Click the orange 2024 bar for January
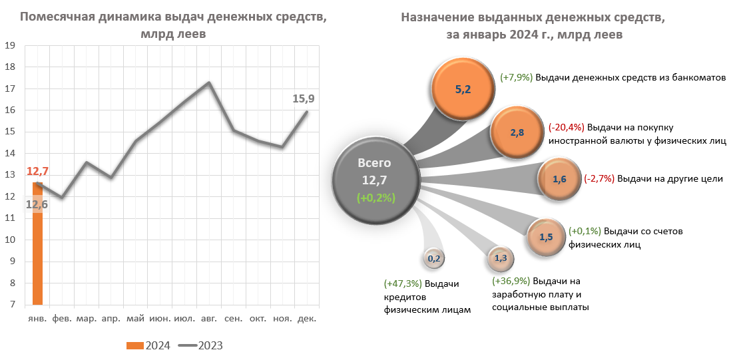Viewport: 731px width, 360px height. pyautogui.click(x=38, y=246)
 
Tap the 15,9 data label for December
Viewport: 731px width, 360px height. pyautogui.click(x=304, y=99)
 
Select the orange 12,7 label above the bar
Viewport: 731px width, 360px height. pyautogui.click(x=38, y=172)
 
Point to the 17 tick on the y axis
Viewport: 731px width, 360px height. pyautogui.click(x=10, y=89)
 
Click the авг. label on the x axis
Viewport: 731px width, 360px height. pyautogui.click(x=208, y=319)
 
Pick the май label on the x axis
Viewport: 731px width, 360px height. pyautogui.click(x=136, y=319)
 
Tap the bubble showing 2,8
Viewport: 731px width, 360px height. pyautogui.click(x=517, y=132)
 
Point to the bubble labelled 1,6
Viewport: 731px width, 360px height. pyautogui.click(x=559, y=179)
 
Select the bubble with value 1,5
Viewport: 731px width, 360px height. pyautogui.click(x=546, y=236)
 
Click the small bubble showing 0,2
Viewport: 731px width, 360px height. pyautogui.click(x=433, y=258)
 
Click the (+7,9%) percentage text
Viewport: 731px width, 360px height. pyautogui.click(x=517, y=77)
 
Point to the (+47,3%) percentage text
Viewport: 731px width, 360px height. pyautogui.click(x=403, y=284)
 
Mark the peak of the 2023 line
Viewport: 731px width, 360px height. pyautogui.click(x=208, y=83)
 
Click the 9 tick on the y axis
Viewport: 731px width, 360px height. pyautogui.click(x=10, y=262)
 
